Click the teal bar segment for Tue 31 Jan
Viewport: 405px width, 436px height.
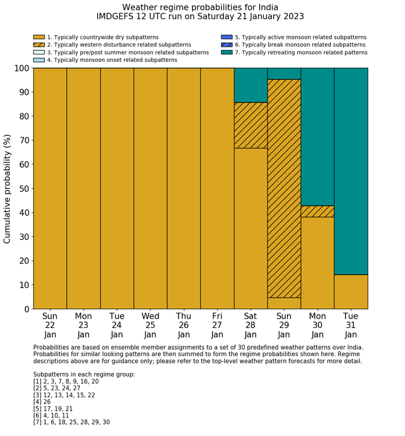[x=351, y=171]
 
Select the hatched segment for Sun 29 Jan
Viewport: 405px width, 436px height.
[x=284, y=188]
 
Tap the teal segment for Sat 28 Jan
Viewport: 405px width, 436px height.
[x=251, y=85]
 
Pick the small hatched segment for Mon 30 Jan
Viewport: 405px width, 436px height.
[x=318, y=211]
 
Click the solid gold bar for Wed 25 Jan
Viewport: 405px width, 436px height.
[x=150, y=188]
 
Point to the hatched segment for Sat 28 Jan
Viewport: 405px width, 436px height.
[x=251, y=125]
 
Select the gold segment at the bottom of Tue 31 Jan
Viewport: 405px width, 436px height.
[x=351, y=291]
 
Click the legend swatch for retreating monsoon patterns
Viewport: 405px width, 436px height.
[x=226, y=52]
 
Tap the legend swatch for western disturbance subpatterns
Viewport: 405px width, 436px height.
[x=39, y=45]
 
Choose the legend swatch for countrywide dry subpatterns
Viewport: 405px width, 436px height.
[x=39, y=37]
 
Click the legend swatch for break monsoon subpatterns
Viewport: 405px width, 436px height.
[x=226, y=45]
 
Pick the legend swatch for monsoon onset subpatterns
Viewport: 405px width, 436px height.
[x=39, y=60]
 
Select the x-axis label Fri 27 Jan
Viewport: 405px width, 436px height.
[x=217, y=324]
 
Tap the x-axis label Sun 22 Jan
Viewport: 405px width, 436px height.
[x=50, y=324]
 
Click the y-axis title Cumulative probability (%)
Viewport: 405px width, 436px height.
[x=8, y=189]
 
